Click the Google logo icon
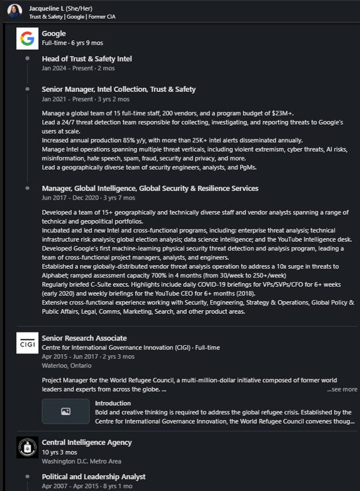(x=27, y=39)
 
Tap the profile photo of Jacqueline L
(x=15, y=11)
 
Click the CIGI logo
(x=27, y=343)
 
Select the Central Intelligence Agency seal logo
(x=27, y=448)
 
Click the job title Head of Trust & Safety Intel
(x=87, y=59)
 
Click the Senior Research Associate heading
(x=84, y=338)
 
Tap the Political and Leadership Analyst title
(x=94, y=477)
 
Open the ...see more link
(x=342, y=389)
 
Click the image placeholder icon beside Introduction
(x=66, y=411)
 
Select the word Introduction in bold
(x=113, y=403)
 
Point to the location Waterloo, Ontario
(x=67, y=365)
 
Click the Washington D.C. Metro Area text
(x=81, y=461)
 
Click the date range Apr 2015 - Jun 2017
(x=67, y=356)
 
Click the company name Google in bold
(x=54, y=33)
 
